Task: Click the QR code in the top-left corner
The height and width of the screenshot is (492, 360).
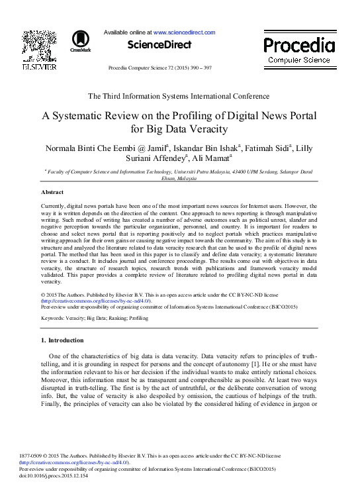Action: pyautogui.click(x=39, y=44)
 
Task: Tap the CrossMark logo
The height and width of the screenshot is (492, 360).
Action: pyautogui.click(x=81, y=41)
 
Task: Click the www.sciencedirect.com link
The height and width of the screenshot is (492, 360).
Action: pyautogui.click(x=185, y=32)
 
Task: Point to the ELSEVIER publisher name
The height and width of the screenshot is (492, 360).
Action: pyautogui.click(x=39, y=68)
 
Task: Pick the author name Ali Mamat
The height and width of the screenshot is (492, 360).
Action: pyautogui.click(x=211, y=158)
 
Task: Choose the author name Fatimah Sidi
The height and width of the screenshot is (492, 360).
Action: pyautogui.click(x=268, y=146)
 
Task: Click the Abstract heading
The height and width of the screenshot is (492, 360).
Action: pyautogui.click(x=52, y=192)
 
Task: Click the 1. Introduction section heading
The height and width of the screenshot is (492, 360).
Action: pyautogui.click(x=62, y=340)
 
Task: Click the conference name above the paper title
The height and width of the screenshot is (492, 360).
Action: pyautogui.click(x=179, y=97)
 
